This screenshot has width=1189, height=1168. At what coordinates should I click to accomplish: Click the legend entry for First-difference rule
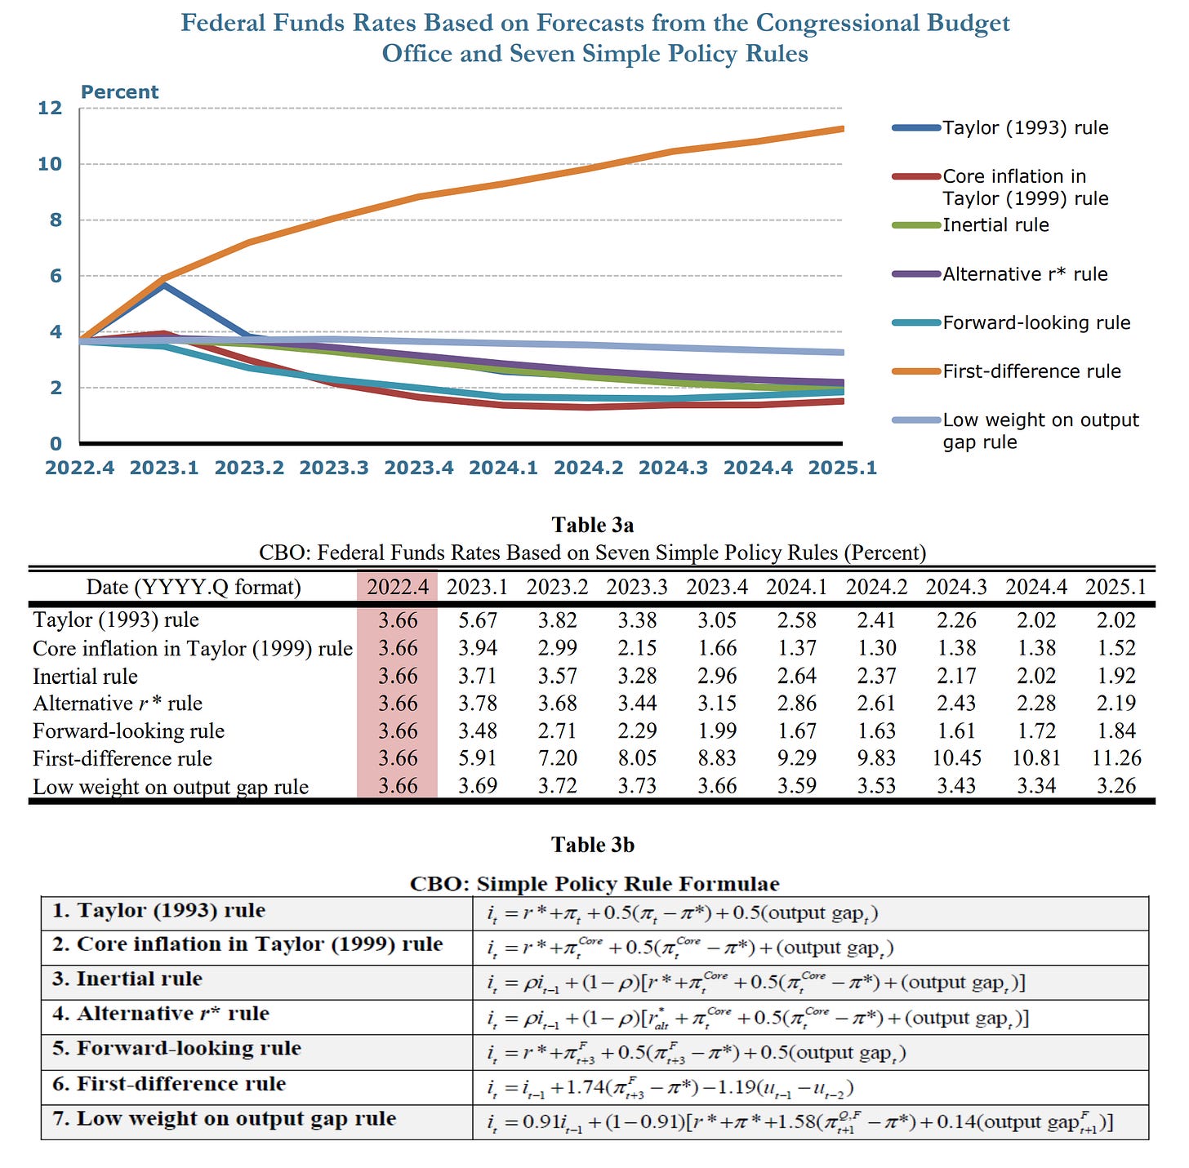[x=1031, y=371]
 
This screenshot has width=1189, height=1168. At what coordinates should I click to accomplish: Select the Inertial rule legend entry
[x=995, y=225]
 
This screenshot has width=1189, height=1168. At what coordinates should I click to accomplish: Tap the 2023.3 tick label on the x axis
[x=334, y=468]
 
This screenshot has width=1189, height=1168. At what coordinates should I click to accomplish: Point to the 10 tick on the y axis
[x=50, y=164]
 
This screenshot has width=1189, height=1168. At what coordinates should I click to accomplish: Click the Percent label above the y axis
[x=119, y=92]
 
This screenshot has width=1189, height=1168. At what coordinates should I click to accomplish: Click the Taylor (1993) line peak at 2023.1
[x=164, y=285]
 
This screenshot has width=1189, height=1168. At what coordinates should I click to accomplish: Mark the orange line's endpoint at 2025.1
[x=841, y=128]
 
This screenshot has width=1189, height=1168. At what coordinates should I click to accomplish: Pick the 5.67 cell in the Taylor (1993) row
[x=478, y=620]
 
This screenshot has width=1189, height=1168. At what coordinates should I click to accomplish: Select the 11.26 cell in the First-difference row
[x=1116, y=758]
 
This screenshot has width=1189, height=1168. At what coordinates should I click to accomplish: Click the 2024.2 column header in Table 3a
[x=876, y=587]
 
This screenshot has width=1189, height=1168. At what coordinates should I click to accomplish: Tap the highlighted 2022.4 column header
[x=398, y=587]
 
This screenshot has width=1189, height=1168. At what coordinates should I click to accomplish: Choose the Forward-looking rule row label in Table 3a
[x=128, y=731]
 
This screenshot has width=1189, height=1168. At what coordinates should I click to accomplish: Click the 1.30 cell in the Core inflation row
[x=876, y=648]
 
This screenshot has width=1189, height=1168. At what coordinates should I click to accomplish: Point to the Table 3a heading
[x=593, y=525]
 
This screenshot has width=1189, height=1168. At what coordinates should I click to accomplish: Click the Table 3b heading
[x=593, y=845]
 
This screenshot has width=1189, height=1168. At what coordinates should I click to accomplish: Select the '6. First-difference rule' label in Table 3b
[x=169, y=1084]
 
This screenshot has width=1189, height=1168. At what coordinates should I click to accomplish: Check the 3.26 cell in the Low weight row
[x=1116, y=786]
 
